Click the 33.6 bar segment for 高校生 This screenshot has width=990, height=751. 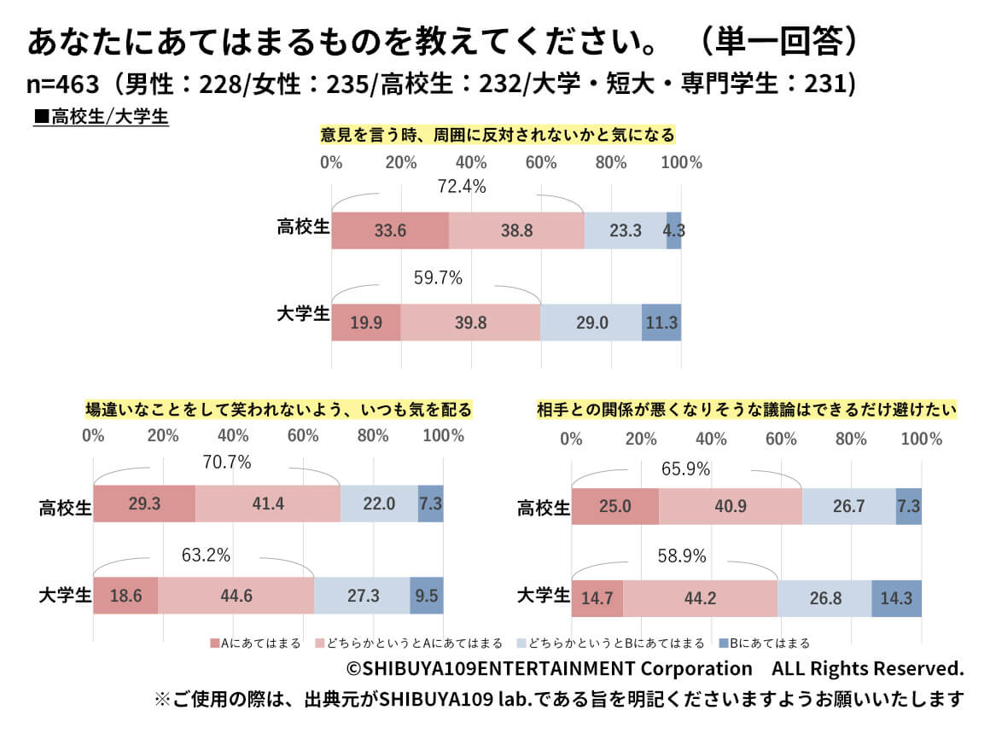point(389,230)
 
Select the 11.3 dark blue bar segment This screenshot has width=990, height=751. point(661,323)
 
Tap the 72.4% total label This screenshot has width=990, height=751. point(461,186)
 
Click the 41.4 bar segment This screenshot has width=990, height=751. point(268,504)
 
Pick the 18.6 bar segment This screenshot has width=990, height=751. point(125,596)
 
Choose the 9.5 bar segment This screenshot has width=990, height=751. point(427,596)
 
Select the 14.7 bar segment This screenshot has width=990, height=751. point(597,599)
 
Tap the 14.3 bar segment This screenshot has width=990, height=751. point(897,599)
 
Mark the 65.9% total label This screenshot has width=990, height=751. point(685,469)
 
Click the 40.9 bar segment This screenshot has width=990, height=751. point(731,507)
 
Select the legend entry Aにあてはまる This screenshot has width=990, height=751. point(255,643)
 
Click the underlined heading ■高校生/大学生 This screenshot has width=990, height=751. point(101,117)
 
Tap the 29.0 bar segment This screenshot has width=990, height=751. point(591,323)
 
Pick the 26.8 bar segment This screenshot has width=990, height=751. point(824,599)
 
